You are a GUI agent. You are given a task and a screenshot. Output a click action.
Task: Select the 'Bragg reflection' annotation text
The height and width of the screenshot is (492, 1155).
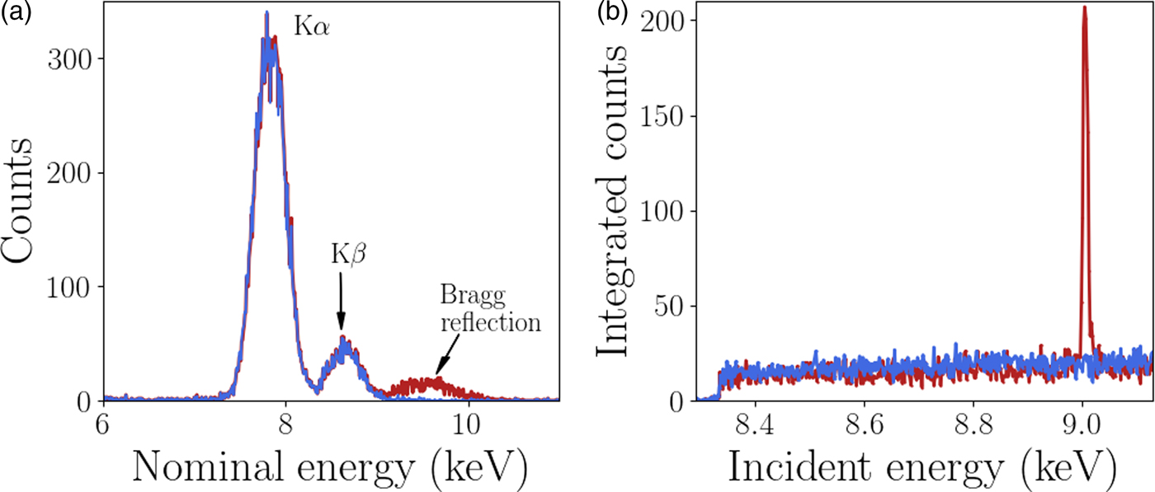point(489,308)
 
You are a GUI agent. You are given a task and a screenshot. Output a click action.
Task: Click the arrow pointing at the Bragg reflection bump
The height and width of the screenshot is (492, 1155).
point(445,359)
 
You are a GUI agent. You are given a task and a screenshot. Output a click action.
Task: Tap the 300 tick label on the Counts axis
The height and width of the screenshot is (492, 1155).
point(68,59)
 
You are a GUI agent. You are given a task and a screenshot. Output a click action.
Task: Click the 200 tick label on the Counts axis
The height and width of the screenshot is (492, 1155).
point(68,173)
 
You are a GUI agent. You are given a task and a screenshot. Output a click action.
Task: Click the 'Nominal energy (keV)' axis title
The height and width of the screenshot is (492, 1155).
point(330,467)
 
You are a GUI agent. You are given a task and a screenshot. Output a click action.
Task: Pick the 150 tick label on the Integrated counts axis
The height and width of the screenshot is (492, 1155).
point(667,116)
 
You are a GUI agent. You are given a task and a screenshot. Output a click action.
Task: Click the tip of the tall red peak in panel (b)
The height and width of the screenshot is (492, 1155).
point(1084,7)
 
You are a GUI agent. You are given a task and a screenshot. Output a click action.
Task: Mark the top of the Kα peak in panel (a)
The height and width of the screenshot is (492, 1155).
point(266,13)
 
